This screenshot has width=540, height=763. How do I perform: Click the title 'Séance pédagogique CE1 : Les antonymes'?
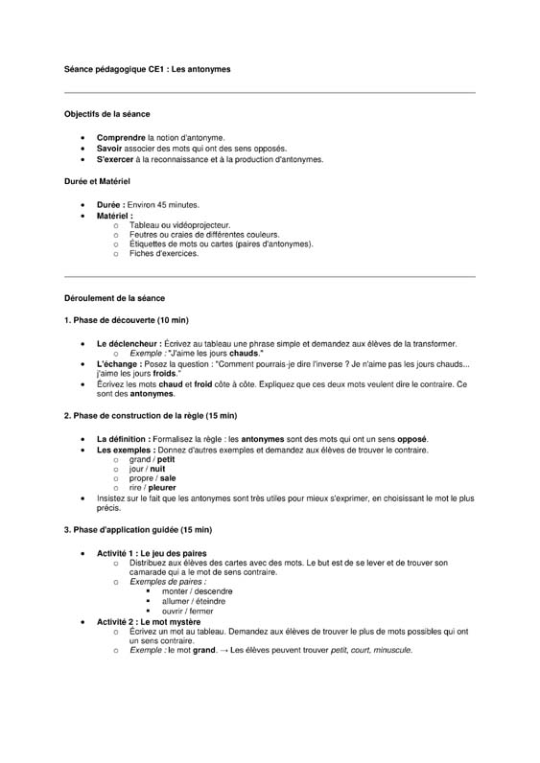pyautogui.click(x=147, y=70)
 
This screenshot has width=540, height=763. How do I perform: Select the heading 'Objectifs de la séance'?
pyautogui.click(x=106, y=114)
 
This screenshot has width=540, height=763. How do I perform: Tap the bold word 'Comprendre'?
pyautogui.click(x=121, y=138)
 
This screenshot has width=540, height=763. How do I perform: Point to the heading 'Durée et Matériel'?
pyautogui.click(x=97, y=180)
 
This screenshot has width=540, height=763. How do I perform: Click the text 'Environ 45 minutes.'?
pyautogui.click(x=164, y=205)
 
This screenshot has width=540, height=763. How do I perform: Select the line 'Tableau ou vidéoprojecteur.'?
pyautogui.click(x=179, y=225)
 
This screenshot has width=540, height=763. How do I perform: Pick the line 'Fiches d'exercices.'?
pyautogui.click(x=164, y=254)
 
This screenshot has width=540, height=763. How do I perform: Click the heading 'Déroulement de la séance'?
pyautogui.click(x=114, y=298)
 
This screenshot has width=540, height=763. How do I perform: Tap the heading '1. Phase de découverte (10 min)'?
pyautogui.click(x=127, y=320)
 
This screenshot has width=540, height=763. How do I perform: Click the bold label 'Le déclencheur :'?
pyautogui.click(x=129, y=343)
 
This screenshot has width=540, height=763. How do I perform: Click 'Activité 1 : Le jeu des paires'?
pyautogui.click(x=152, y=554)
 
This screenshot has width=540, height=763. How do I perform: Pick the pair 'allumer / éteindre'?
pyautogui.click(x=195, y=601)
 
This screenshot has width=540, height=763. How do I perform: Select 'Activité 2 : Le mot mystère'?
pyautogui.click(x=149, y=621)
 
